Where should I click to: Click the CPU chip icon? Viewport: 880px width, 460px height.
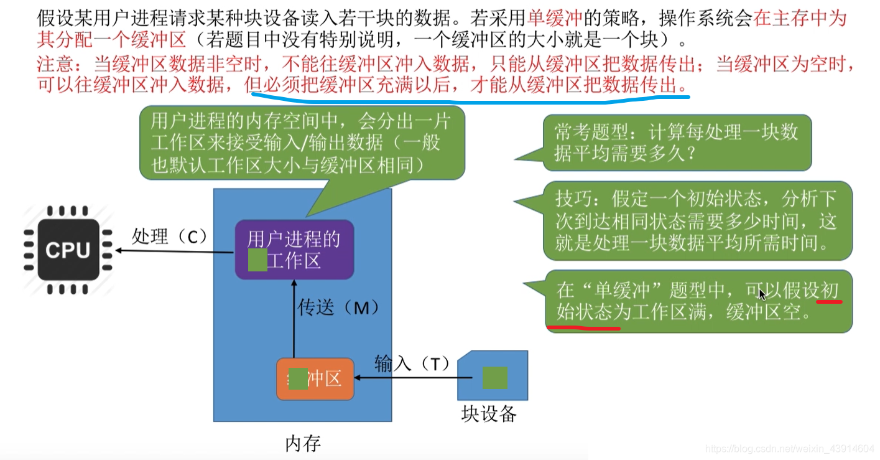[x=68, y=250]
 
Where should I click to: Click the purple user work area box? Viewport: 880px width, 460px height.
[x=294, y=249]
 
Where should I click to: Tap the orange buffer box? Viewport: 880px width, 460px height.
[x=315, y=378]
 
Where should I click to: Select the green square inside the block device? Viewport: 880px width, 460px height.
[x=494, y=378]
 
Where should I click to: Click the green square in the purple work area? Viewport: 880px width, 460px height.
[x=257, y=260]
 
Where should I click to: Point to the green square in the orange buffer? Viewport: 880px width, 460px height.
[x=299, y=378]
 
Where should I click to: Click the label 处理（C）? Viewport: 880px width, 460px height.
[x=169, y=237]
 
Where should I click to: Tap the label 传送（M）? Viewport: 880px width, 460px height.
[x=338, y=307]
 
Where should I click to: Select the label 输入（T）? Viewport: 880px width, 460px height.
[x=412, y=363]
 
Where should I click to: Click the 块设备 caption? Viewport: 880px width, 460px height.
[x=489, y=413]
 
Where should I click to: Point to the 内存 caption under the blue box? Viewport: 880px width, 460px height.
[x=303, y=443]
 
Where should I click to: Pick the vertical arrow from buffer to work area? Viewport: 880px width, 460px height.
[x=294, y=317]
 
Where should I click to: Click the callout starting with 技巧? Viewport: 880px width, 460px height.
[x=697, y=220]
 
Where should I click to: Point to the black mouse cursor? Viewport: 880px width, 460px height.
[x=763, y=294]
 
